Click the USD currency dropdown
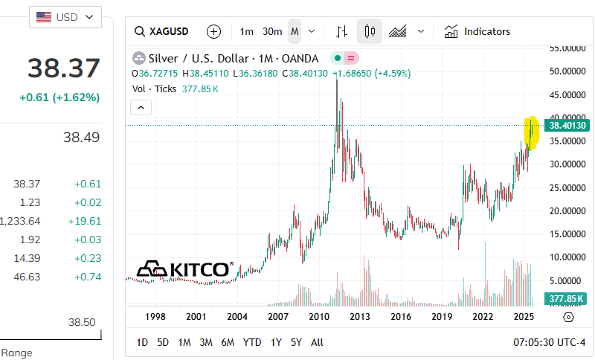point(65,16)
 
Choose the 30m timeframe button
point(272,31)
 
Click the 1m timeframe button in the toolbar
point(247,31)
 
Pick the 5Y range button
point(296,342)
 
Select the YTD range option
point(252,342)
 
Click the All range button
point(317,342)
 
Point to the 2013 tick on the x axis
point(361,317)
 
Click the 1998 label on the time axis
point(155,317)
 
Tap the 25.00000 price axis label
point(567,187)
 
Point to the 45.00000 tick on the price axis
point(567,95)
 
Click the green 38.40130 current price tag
point(567,126)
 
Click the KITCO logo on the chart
point(184,269)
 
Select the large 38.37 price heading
point(64,68)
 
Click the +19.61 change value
point(87,221)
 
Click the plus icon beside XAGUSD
point(214,31)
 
